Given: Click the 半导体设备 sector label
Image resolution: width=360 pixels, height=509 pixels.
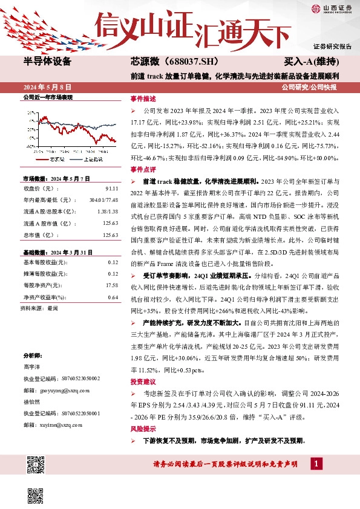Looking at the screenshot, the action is [47, 62].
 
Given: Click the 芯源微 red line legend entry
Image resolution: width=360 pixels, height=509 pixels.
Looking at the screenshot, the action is [52, 159].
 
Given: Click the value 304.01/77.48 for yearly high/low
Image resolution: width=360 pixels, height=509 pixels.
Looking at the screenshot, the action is [104, 199].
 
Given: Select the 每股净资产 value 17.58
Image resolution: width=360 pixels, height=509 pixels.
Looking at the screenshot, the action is [111, 285].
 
